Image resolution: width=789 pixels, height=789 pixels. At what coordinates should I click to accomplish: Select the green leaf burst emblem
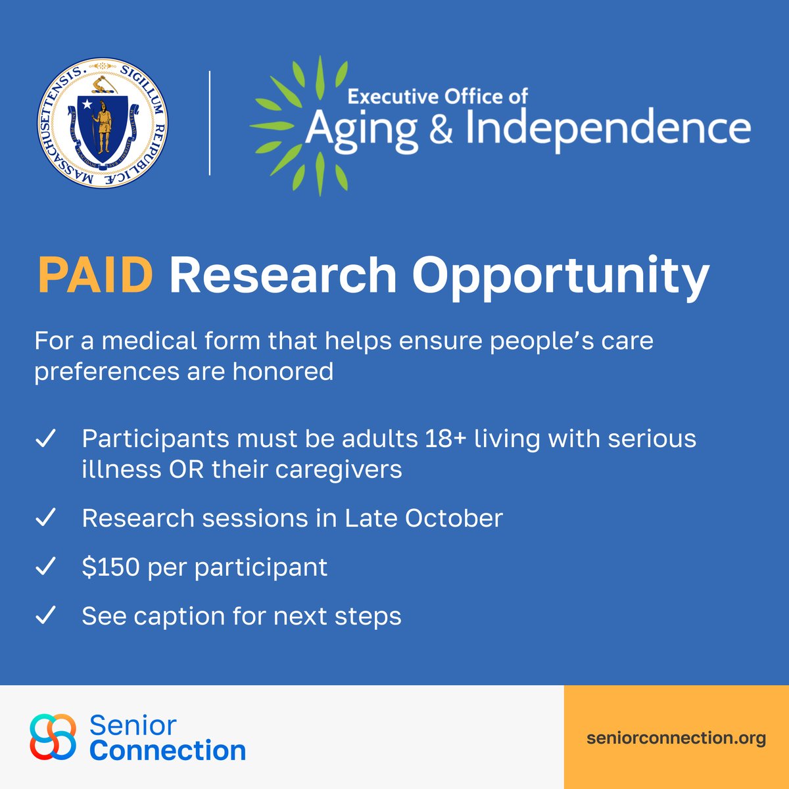[299, 125]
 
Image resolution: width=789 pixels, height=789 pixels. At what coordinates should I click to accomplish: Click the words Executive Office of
[437, 97]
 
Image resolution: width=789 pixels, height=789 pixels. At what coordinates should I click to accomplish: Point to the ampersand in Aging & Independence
[441, 129]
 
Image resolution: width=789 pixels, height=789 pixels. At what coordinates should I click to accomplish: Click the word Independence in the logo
[608, 129]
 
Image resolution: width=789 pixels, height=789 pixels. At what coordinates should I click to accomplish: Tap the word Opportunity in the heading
[560, 276]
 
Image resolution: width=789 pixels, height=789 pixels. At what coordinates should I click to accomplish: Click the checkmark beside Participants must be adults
[45, 439]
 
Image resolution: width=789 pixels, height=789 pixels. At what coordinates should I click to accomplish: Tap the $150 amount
[111, 567]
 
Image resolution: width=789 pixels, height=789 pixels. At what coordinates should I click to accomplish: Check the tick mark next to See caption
[45, 616]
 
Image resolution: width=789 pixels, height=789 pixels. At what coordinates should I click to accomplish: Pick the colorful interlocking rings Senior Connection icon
[53, 736]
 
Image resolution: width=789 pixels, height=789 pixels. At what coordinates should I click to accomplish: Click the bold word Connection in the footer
[168, 750]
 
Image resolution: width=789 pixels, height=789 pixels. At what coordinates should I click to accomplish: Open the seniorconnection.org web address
[676, 738]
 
